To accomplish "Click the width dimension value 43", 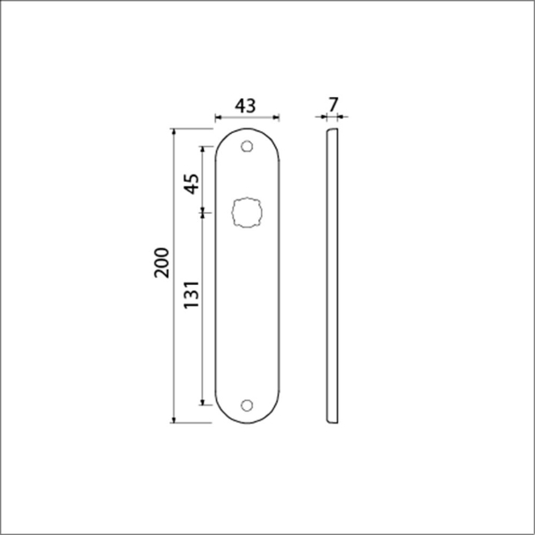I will [245, 105].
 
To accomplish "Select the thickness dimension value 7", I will [333, 105].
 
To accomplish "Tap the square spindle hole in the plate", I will [247, 213].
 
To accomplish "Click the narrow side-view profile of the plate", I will [331, 275].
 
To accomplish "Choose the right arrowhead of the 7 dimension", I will [343, 117].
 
